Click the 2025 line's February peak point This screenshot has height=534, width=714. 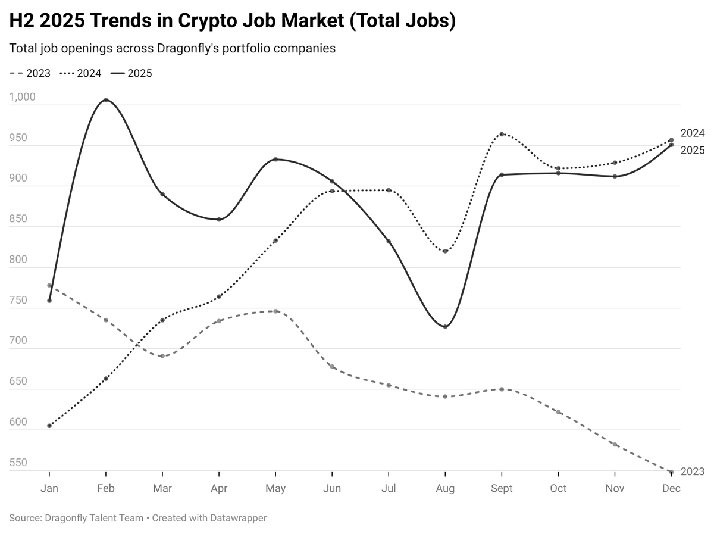click(x=106, y=100)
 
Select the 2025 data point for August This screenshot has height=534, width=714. click(x=445, y=327)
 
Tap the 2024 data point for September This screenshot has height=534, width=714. click(x=502, y=134)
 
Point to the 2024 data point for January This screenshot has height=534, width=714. click(x=49, y=426)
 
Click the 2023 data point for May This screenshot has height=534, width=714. click(x=275, y=311)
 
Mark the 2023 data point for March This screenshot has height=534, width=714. click(x=162, y=356)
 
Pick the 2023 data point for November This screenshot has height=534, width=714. click(x=615, y=445)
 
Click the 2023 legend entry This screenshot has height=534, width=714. click(x=30, y=74)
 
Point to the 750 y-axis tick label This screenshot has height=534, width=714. click(x=18, y=301)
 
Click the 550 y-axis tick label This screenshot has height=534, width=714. click(x=18, y=463)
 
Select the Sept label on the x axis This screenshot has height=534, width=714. click(x=502, y=489)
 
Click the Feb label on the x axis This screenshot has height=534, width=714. click(x=106, y=489)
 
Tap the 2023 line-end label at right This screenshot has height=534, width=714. click(x=692, y=471)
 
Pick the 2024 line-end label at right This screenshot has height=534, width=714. click(x=692, y=133)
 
